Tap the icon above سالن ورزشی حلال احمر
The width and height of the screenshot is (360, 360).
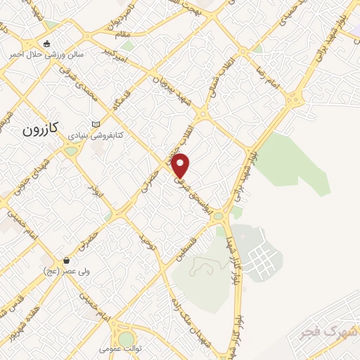click(x=47, y=44)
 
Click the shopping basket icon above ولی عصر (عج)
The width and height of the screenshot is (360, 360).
click(x=66, y=260)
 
